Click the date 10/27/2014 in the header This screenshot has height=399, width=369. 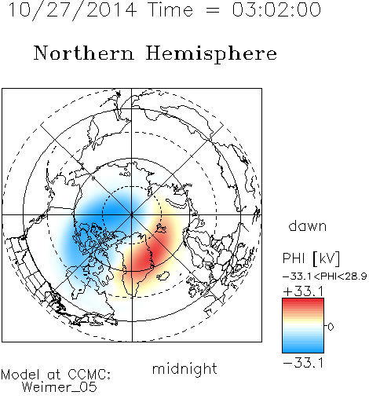click(72, 10)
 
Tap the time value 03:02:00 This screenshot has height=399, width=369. click(276, 9)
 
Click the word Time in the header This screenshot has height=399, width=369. click(170, 9)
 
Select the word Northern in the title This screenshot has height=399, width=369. click(84, 53)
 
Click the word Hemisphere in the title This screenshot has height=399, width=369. click(211, 54)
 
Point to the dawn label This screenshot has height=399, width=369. click(308, 225)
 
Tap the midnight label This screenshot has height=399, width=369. click(184, 368)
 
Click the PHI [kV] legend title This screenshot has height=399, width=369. click(311, 258)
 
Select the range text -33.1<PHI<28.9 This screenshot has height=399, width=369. click(325, 276)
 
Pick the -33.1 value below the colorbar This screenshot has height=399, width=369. click(303, 363)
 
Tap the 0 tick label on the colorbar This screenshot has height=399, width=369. click(331, 327)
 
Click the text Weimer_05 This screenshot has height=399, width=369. click(60, 387)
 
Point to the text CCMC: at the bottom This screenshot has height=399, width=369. click(89, 375)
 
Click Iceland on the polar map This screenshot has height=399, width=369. click(163, 276)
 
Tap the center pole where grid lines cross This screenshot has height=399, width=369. click(132, 214)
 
